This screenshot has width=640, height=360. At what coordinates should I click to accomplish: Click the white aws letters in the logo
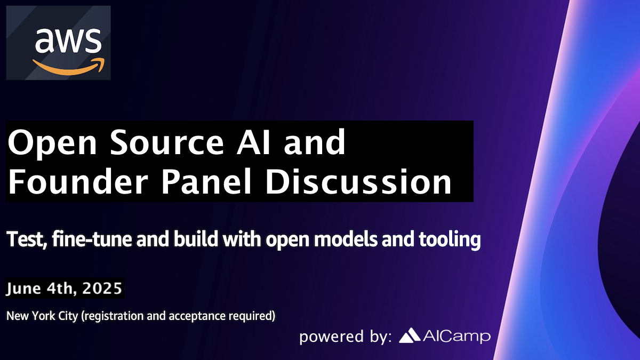[x=68, y=41]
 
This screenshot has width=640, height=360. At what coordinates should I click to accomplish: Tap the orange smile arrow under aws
[x=69, y=67]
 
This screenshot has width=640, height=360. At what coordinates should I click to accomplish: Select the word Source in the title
[x=166, y=142]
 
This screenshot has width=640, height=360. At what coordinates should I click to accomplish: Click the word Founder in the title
[x=78, y=181]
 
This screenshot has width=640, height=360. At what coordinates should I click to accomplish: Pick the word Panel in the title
[x=206, y=181]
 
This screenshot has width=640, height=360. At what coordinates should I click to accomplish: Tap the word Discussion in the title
[x=358, y=181]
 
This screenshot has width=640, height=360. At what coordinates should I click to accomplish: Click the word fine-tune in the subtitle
[x=92, y=239]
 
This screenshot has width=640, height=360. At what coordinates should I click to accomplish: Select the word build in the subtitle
[x=196, y=238]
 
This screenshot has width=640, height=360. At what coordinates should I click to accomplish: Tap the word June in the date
[x=23, y=289]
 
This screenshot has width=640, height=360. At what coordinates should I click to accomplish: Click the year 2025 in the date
[x=102, y=288]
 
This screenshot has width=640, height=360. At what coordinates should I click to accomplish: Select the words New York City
[x=42, y=316]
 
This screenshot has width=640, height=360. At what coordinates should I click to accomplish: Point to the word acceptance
[x=197, y=316]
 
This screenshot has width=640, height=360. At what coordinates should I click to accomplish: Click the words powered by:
[x=346, y=337]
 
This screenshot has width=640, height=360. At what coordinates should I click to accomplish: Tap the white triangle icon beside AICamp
[x=410, y=335]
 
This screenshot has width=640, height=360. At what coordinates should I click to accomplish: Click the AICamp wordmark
[x=457, y=337]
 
